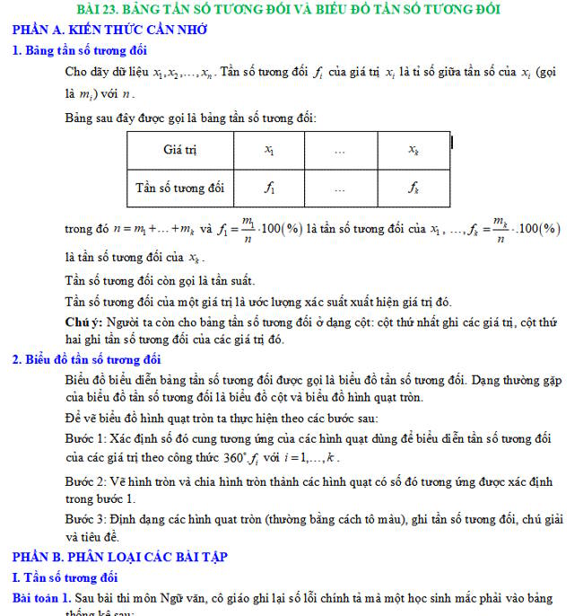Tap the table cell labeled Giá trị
tap(179, 150)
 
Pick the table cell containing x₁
tap(269, 150)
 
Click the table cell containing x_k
tap(413, 150)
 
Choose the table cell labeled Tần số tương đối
tap(179, 188)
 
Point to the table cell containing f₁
tap(269, 188)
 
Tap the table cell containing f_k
tap(413, 188)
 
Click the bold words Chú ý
tap(83, 321)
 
